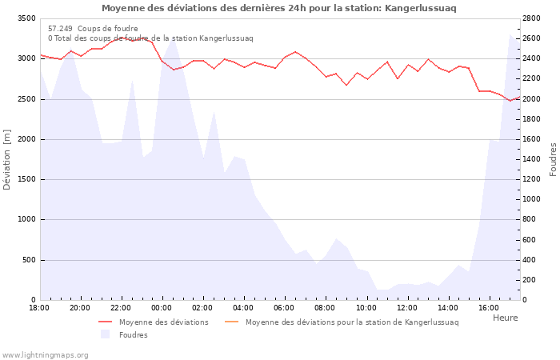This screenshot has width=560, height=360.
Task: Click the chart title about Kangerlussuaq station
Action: (279, 8)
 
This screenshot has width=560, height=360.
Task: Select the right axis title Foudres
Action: (553, 159)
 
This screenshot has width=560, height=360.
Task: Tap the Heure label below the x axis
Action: (505, 318)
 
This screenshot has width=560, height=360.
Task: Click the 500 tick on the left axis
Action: (27, 260)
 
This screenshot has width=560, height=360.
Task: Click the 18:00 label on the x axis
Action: (39, 307)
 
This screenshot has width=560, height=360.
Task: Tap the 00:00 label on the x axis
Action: (162, 307)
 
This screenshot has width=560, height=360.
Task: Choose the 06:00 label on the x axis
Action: (284, 307)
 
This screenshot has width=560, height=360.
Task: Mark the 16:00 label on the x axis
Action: (488, 307)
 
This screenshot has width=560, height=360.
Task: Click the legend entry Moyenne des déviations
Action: (163, 322)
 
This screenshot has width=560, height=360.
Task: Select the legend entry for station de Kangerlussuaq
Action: (352, 322)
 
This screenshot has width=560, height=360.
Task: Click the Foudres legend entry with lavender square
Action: (133, 334)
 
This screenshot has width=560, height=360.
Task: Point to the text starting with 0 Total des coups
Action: (150, 38)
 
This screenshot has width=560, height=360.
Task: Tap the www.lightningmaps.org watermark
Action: (45, 354)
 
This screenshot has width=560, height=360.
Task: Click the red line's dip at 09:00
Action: (346, 85)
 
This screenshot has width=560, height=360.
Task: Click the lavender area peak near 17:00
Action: (510, 34)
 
